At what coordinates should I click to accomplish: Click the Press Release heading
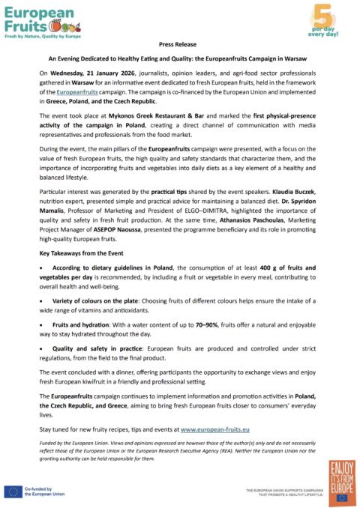point(179,45)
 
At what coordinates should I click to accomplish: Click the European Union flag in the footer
point(13,491)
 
